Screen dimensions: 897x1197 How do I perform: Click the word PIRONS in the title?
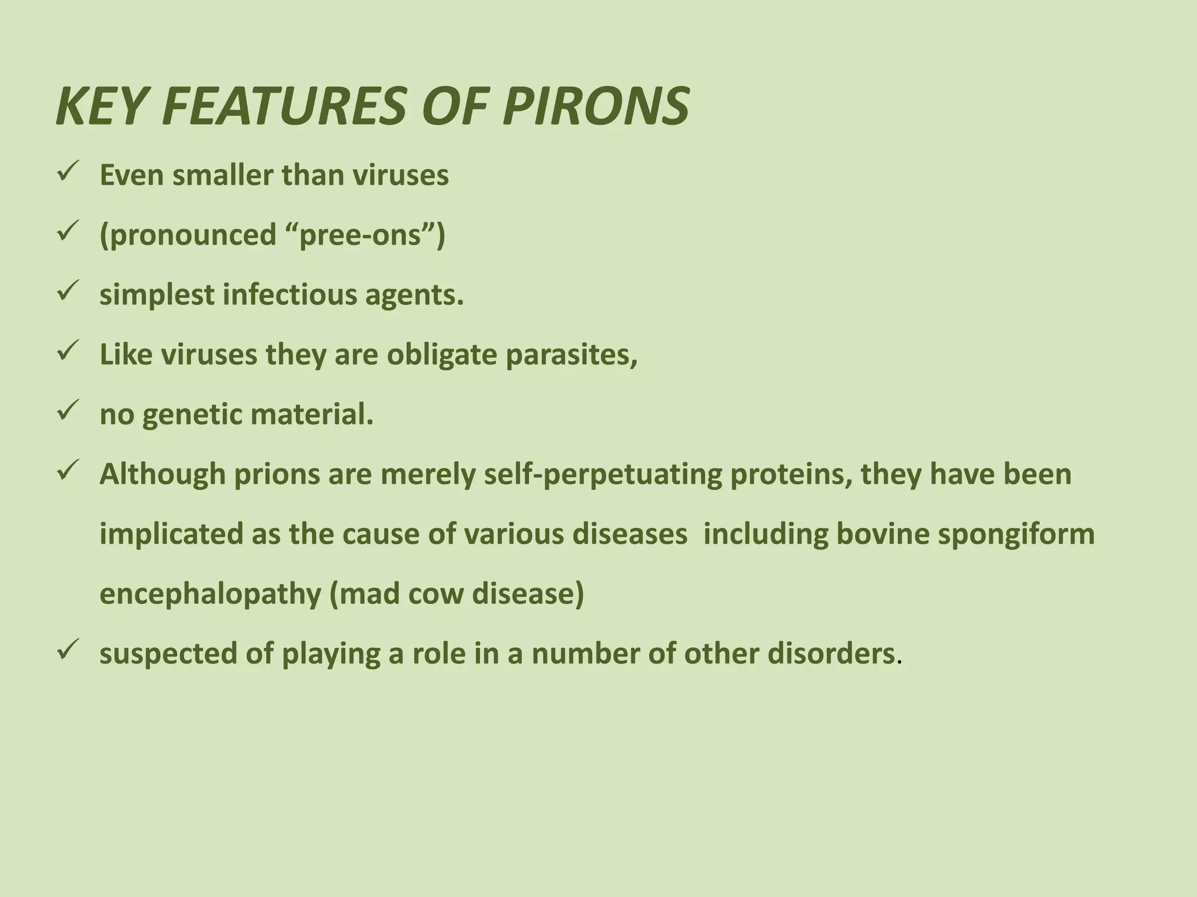[x=596, y=107]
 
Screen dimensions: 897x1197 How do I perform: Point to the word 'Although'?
[x=162, y=474]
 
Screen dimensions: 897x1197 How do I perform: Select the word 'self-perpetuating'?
[x=603, y=474]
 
